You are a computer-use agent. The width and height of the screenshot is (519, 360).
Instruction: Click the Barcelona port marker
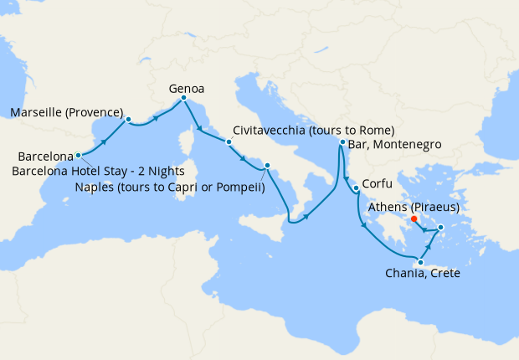pos(78,155)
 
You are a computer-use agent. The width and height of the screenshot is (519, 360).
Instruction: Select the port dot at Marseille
pos(128,120)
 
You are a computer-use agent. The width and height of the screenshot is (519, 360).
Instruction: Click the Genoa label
pos(187,87)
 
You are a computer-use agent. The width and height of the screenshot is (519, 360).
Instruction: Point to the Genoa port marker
pos(183,100)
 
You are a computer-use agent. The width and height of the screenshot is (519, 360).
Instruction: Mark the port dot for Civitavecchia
pos(229,142)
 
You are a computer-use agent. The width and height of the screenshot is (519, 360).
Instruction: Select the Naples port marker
pos(267,167)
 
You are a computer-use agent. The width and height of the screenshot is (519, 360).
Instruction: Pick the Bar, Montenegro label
pos(392,146)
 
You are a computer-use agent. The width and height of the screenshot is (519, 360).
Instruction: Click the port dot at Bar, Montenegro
pos(342,143)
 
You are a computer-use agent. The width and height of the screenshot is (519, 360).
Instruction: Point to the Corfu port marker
pos(356,188)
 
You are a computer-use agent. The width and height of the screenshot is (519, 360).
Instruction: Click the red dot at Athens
pos(415,219)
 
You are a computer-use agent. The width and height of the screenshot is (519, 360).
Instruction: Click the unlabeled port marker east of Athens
pos(441,226)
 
